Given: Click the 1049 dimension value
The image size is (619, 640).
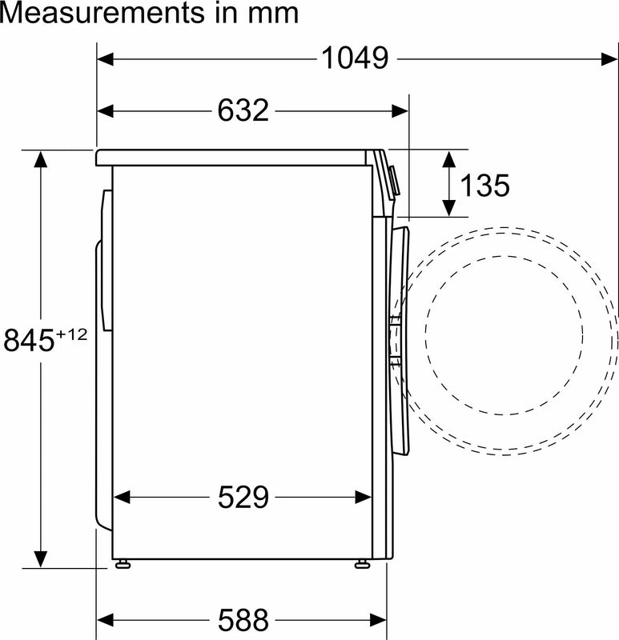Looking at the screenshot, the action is [355, 58].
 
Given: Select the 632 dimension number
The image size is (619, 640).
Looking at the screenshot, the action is [243, 110].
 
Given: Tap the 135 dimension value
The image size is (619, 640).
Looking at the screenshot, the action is [485, 185].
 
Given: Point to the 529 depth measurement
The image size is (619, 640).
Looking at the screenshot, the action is [243, 497].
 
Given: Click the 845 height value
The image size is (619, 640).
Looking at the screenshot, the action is [29, 340].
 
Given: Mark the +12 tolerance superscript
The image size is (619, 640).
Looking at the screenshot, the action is [71, 334].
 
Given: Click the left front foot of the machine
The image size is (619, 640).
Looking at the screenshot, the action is [123, 564].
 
